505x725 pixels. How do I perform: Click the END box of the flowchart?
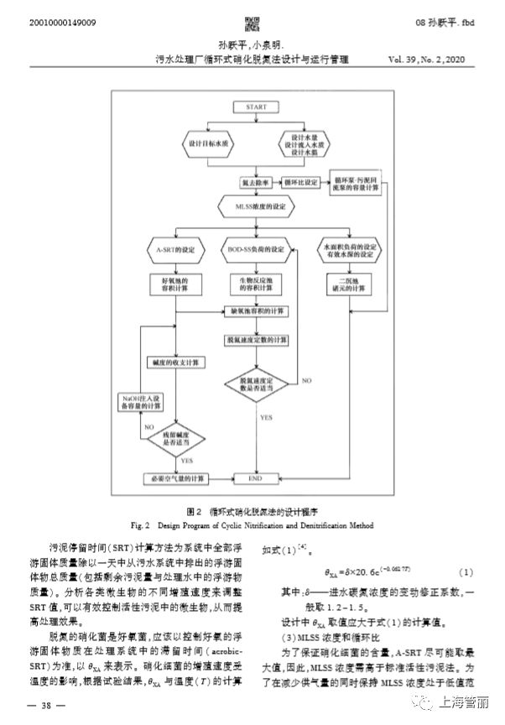click(x=255, y=477)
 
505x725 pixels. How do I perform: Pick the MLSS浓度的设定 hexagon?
click(x=254, y=206)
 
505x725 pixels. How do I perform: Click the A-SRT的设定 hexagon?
click(x=174, y=250)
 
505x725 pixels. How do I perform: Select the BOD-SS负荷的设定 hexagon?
click(x=256, y=250)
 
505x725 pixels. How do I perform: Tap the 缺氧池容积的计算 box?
click(x=256, y=310)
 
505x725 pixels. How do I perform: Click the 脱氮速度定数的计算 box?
click(x=256, y=340)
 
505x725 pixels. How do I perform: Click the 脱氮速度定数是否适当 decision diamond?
click(x=255, y=383)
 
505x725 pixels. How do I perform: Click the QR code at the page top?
click(x=252, y=22)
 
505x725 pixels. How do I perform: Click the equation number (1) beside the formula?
click(x=466, y=572)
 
